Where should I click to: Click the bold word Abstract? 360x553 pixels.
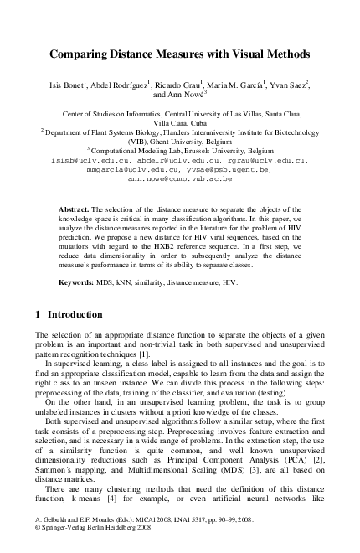(x=76, y=207)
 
